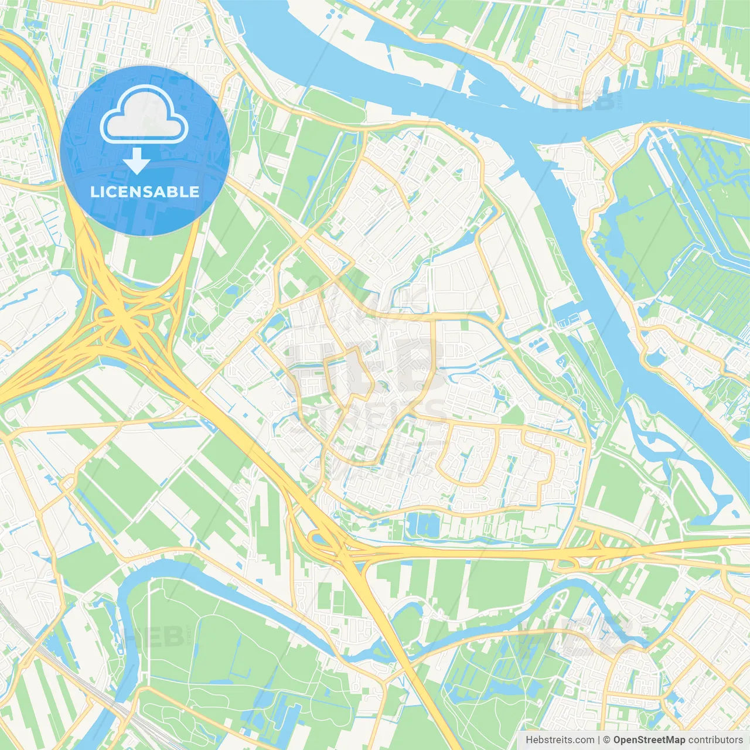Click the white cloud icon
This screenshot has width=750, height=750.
144,115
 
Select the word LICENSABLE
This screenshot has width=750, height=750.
145,192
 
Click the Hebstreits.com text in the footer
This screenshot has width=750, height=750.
560,740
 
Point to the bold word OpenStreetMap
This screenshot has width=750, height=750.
649,740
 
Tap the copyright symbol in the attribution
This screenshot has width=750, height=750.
606,740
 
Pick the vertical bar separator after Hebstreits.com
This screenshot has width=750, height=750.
599,740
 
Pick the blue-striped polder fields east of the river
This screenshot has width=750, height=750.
703,281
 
